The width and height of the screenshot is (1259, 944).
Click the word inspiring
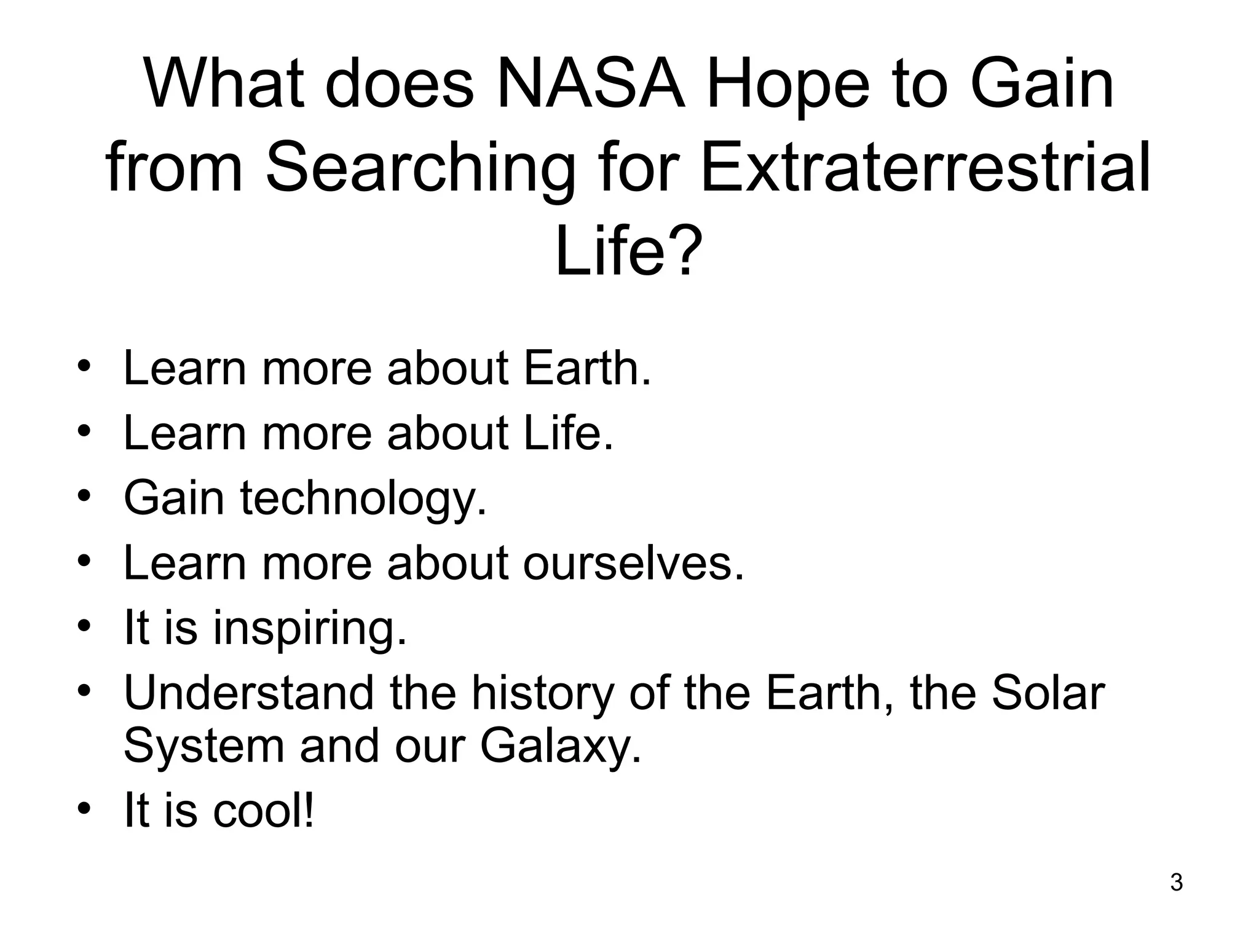(310, 628)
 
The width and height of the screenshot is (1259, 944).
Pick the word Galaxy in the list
(560, 746)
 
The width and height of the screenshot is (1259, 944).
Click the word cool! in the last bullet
(264, 811)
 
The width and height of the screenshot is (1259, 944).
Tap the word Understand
(248, 693)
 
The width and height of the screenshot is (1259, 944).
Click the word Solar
(1048, 693)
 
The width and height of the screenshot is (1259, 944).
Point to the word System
(203, 746)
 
